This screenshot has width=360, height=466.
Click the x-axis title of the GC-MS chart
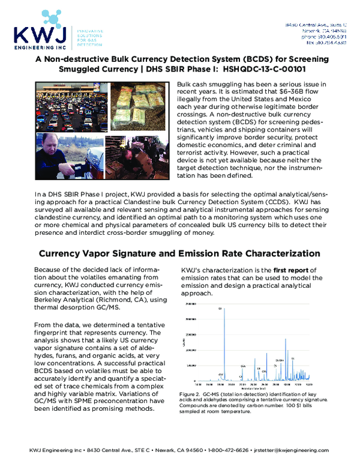(x=240, y=389)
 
